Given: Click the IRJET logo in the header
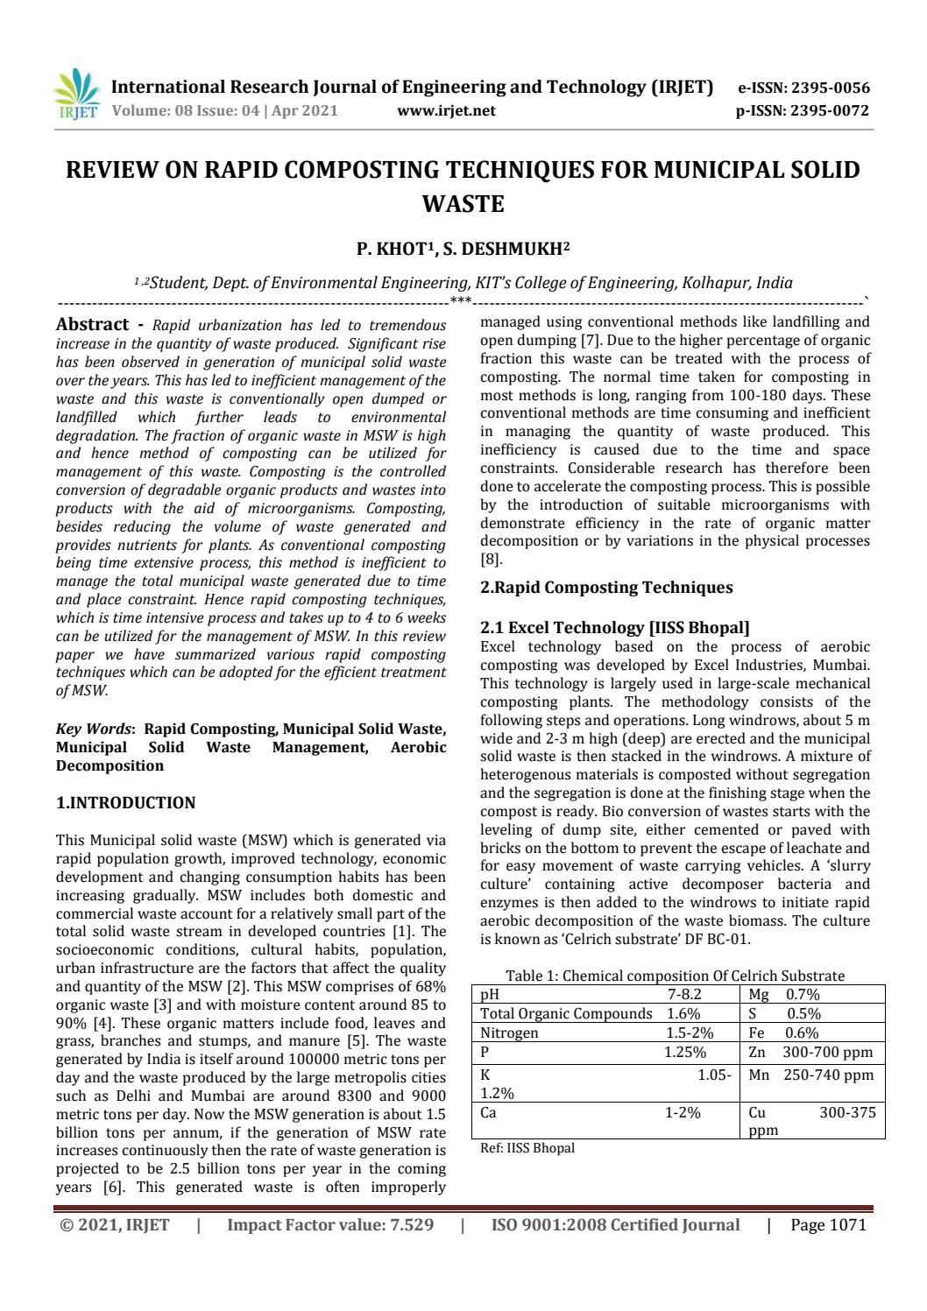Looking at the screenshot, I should tap(77, 95).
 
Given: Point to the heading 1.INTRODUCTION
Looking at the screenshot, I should tap(126, 802).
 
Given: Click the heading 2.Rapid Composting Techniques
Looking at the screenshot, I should tap(606, 588).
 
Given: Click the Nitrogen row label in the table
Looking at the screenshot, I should tap(510, 1033).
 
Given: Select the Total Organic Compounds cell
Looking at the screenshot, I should tap(566, 1013).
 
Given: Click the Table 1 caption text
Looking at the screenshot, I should tap(675, 976).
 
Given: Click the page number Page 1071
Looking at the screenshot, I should tap(828, 1224).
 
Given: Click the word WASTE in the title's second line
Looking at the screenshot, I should tap(463, 204).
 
